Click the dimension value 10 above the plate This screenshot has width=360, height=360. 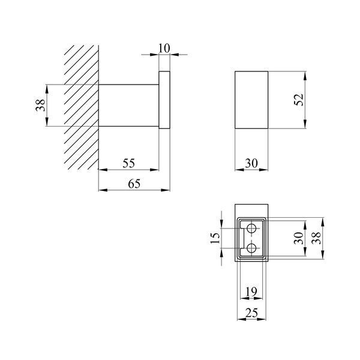tap(164, 48)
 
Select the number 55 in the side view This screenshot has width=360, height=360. tap(128, 163)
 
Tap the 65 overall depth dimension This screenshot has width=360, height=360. tap(134, 184)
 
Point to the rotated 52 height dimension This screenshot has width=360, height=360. tap(299, 100)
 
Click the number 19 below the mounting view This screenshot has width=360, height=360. tap(251, 292)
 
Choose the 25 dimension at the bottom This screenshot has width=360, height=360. tap(251, 313)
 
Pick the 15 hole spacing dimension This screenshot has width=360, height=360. tap(215, 238)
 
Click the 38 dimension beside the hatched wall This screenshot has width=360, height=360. tap(40, 105)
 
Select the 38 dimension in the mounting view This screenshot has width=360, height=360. tap(316, 238)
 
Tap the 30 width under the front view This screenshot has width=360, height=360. tap(251, 163)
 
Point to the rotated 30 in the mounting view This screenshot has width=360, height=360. tap(299, 238)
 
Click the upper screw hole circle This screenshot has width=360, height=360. tap(251, 229)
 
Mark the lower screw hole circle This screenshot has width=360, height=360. tap(251, 248)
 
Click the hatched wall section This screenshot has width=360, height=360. tap(82, 107)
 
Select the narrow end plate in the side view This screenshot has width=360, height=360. tap(164, 100)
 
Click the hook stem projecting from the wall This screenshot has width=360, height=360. tap(129, 106)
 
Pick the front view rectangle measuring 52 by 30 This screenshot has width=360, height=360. tap(251, 100)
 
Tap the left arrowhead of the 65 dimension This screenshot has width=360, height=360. tap(103, 190)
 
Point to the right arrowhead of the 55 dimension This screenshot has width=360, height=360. tap(155, 170)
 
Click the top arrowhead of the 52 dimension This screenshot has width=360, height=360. tap(305, 76)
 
